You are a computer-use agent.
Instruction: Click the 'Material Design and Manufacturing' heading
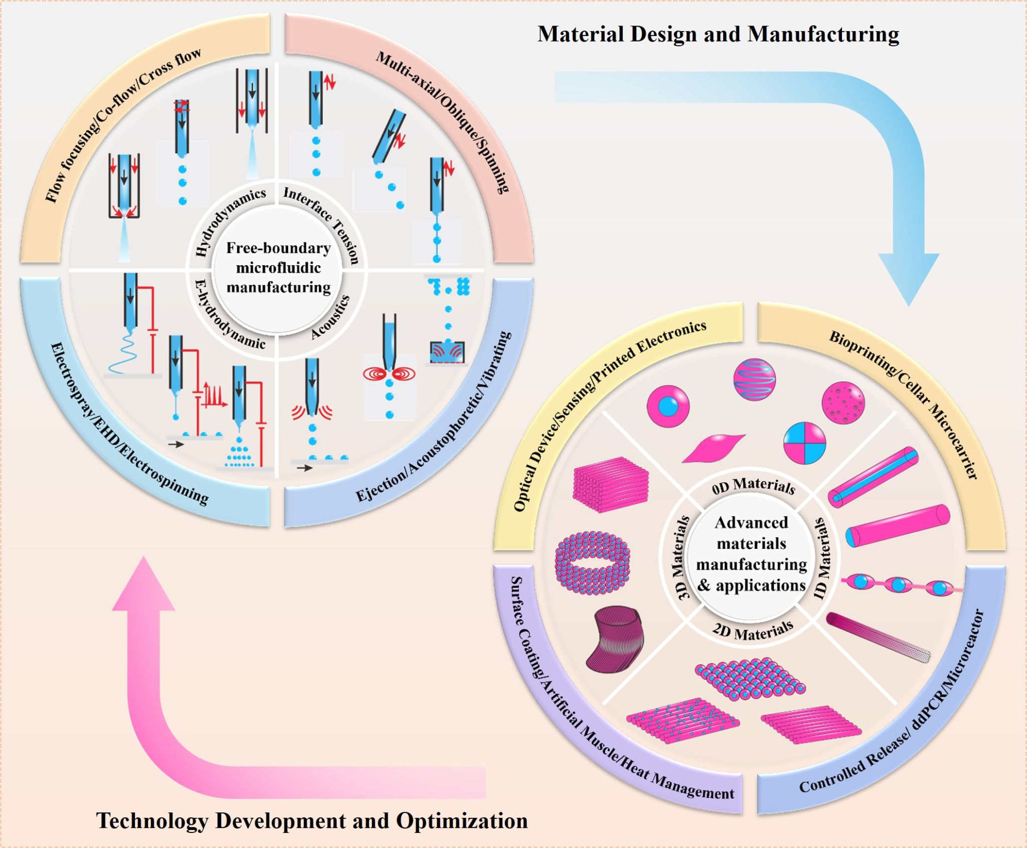(x=718, y=34)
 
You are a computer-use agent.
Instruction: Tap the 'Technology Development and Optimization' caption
(x=312, y=820)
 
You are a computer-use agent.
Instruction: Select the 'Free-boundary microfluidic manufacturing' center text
(x=278, y=268)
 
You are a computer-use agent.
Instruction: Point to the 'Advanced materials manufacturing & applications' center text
(x=751, y=554)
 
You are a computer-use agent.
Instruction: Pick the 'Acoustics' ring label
(x=330, y=317)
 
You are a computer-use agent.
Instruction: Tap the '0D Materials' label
(x=753, y=486)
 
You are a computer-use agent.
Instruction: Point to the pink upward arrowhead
(x=144, y=586)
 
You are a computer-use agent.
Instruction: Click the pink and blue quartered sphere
(x=804, y=443)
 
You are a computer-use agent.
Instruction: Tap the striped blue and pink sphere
(x=754, y=379)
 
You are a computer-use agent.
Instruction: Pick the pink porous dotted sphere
(x=843, y=402)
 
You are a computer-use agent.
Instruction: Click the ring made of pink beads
(x=592, y=562)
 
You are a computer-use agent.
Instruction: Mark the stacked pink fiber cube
(x=610, y=484)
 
